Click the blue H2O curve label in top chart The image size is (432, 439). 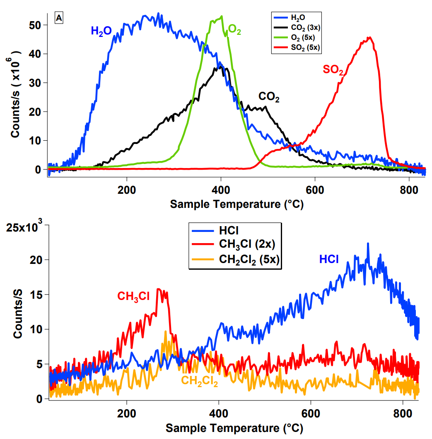[x=101, y=30]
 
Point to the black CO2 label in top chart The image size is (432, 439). [x=269, y=98]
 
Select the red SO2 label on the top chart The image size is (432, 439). [x=333, y=70]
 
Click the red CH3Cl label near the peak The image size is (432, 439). [x=133, y=296]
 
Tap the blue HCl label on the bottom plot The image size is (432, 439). [x=329, y=260]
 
